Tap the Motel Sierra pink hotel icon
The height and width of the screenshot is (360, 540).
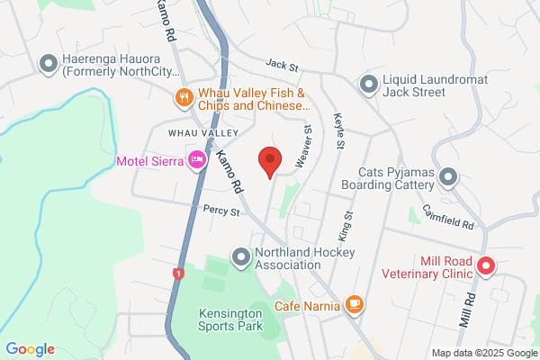pos(195,161)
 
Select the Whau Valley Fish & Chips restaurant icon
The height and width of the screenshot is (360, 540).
pos(184,97)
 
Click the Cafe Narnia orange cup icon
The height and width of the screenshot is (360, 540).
pos(355,305)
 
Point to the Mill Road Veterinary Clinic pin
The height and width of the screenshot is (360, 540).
pos(485,265)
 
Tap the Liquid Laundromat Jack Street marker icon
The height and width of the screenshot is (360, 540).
pos(367,85)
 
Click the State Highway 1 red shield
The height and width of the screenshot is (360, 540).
pos(177,273)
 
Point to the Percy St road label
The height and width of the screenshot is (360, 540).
pos(220,212)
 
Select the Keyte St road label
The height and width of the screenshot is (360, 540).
pos(339,130)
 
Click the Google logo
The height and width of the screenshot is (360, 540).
pos(30,349)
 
